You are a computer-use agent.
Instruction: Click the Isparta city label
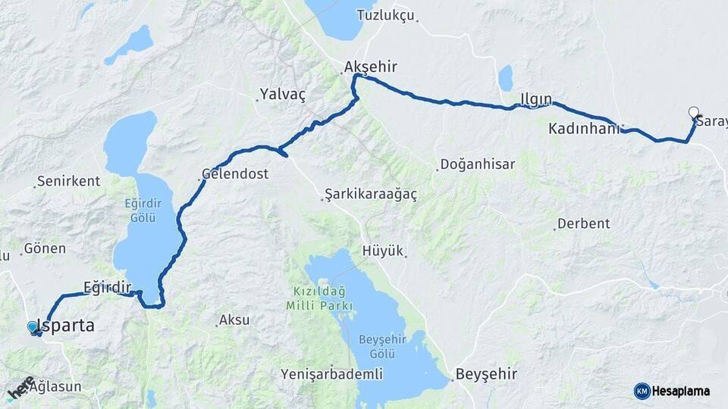pos(67,326)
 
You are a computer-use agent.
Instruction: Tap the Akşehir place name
pos(370,67)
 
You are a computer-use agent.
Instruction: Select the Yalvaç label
pos(282,94)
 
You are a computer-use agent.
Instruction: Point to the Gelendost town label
pos(235,173)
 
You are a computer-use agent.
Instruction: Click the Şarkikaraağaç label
pos(371,195)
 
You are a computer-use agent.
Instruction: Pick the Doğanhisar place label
pos(478,164)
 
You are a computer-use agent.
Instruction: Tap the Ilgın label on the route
pos(536,98)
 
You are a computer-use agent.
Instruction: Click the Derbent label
pos(583,223)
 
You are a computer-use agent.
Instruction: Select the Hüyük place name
pos(383,251)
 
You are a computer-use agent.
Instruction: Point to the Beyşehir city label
pos(486,374)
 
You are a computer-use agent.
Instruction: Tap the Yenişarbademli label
pos(331,374)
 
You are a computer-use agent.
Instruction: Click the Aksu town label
pos(234,320)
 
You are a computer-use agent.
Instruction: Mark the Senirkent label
pos(68,181)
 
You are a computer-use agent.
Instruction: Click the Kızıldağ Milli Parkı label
pos(319,298)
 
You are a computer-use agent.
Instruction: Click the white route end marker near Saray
pos(693,113)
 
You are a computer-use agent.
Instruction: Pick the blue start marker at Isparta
pos(32,326)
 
